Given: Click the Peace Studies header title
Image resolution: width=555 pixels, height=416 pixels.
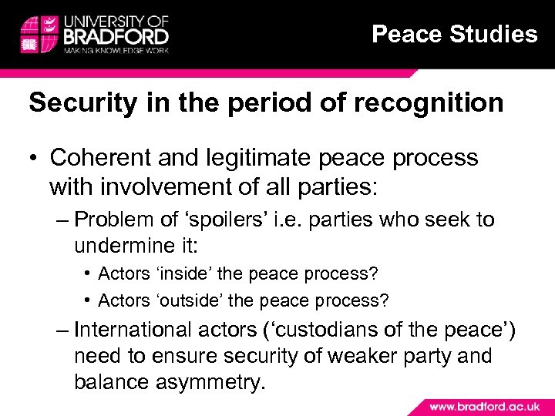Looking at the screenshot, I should pyautogui.click(x=454, y=34).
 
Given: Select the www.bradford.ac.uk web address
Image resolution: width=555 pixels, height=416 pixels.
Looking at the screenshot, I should pyautogui.click(x=484, y=406).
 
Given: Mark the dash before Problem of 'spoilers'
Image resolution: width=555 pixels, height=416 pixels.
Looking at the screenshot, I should pyautogui.click(x=63, y=220).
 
